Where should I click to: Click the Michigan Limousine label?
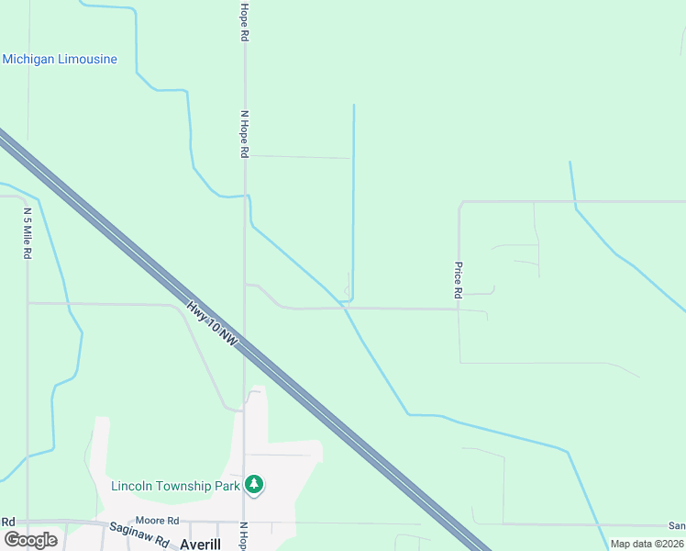click(x=60, y=60)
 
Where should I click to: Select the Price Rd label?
click(x=458, y=281)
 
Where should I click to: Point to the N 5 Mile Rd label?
click(x=28, y=233)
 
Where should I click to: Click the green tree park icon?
click(x=254, y=484)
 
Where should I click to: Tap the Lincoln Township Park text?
click(x=175, y=486)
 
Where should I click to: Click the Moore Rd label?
click(x=155, y=521)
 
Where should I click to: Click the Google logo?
click(x=30, y=540)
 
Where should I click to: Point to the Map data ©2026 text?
click(x=647, y=544)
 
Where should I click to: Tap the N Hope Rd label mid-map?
click(x=245, y=135)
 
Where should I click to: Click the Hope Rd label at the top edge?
click(x=245, y=21)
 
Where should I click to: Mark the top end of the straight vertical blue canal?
click(x=354, y=106)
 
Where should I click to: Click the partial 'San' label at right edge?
click(x=677, y=525)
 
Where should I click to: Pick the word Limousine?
click(x=87, y=60)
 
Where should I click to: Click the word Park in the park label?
click(x=227, y=486)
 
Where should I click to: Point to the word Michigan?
click(x=28, y=60)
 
